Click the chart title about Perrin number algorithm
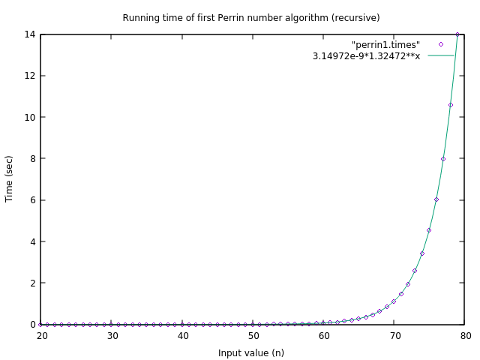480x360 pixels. click(x=250, y=18)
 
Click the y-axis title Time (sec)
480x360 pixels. click(x=10, y=178)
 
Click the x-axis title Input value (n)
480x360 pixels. click(x=250, y=352)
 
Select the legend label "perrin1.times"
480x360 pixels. click(x=385, y=45)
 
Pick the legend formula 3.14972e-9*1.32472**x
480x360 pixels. click(x=366, y=56)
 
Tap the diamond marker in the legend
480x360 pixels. click(x=441, y=45)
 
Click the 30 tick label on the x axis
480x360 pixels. click(x=112, y=336)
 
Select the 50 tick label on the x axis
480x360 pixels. click(x=253, y=336)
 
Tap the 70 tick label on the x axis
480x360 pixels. click(x=395, y=336)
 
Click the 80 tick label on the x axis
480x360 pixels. click(x=466, y=336)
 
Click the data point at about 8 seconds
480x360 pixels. click(x=443, y=159)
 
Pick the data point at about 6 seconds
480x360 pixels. click(x=436, y=199)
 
